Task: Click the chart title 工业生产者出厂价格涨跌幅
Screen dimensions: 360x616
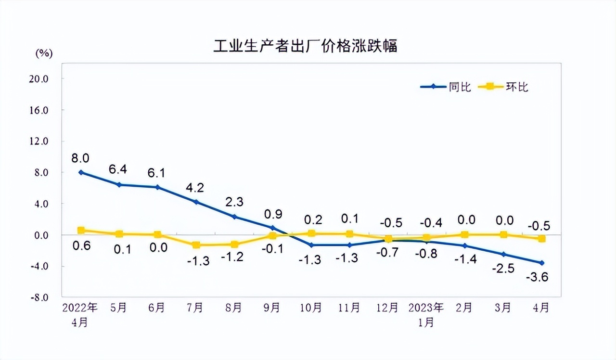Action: (306, 47)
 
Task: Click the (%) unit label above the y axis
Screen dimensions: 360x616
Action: (44, 53)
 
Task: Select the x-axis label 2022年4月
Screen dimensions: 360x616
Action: (80, 315)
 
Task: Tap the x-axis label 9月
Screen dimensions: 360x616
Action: (272, 308)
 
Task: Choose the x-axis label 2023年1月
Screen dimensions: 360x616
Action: (426, 315)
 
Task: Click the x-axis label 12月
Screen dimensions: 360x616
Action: (387, 308)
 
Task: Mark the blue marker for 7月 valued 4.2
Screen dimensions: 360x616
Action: (196, 202)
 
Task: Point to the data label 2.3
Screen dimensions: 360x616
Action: (234, 202)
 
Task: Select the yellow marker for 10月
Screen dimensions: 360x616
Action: (311, 233)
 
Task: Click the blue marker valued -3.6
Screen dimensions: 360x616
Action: (542, 263)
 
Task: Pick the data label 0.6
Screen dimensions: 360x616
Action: (81, 245)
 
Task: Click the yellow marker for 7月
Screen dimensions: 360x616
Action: (196, 245)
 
